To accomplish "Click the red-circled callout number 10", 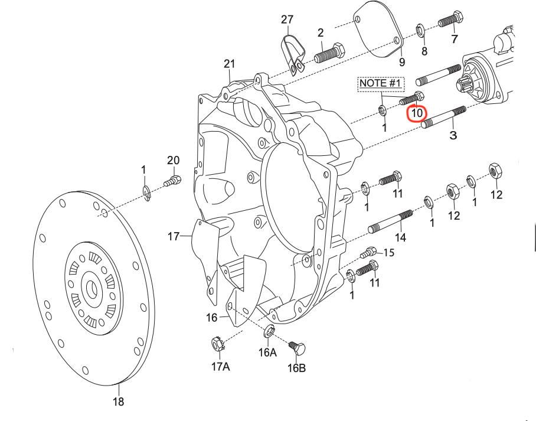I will point(417,112).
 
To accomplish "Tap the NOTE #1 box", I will point(380,83).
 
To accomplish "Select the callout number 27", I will point(287,20).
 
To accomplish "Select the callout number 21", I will point(230,64).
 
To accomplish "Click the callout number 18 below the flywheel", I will point(119,402).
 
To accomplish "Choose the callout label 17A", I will point(220,367).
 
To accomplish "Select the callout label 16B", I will point(297,368).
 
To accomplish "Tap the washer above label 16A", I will point(268,331).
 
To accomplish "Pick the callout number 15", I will point(388,253).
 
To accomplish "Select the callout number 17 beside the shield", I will point(173,236).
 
